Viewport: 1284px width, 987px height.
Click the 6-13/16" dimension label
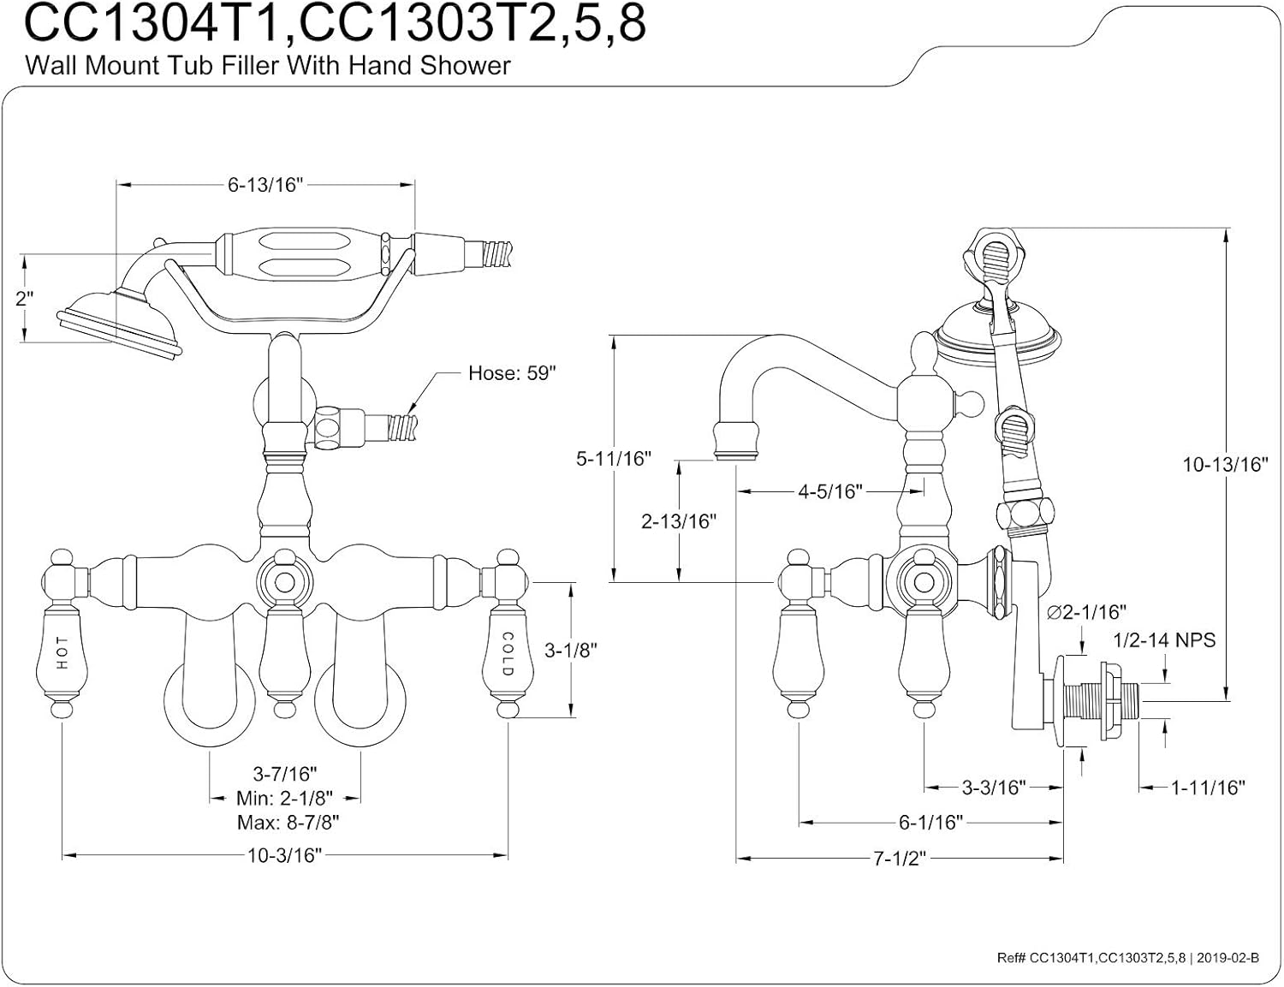click(x=265, y=185)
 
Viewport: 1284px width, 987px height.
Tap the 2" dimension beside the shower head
click(x=24, y=299)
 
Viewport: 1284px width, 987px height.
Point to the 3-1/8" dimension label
click(x=571, y=650)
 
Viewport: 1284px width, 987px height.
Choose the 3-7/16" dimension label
click(x=284, y=774)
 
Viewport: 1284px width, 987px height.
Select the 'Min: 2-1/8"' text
click(x=284, y=799)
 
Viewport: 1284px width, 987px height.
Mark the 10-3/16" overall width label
click(x=284, y=855)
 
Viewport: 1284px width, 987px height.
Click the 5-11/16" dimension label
click(x=613, y=459)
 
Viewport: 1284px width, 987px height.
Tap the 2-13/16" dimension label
click(x=679, y=521)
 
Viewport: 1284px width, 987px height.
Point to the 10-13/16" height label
click(x=1225, y=464)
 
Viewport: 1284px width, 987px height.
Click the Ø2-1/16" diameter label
click(x=1087, y=611)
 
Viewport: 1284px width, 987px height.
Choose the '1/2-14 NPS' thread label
click(x=1164, y=640)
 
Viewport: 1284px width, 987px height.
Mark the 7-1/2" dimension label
click(x=900, y=859)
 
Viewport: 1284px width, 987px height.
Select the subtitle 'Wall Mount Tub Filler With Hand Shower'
click(x=268, y=66)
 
